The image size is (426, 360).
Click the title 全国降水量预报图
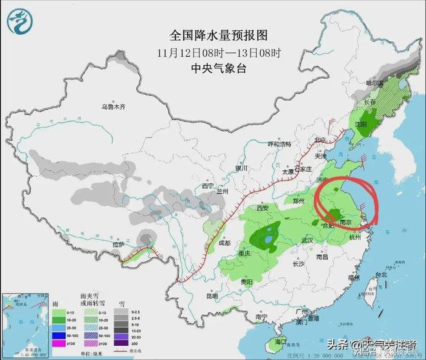(213, 34)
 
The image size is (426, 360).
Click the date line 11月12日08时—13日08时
(213, 52)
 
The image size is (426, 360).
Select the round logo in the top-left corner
(19, 20)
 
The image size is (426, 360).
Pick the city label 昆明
(212, 296)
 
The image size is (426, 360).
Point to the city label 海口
(279, 340)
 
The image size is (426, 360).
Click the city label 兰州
(223, 191)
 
